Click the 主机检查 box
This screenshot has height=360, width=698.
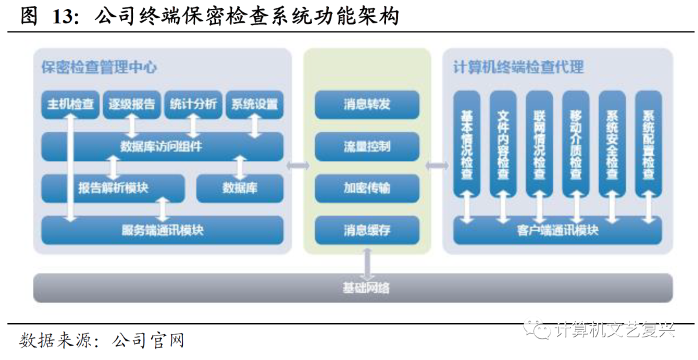pos(70,104)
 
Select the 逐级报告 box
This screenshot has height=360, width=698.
pos(132,104)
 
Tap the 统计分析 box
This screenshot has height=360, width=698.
pos(193,104)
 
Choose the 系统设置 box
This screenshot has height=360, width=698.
pos(254,104)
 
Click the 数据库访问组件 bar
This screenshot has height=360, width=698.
pos(162,146)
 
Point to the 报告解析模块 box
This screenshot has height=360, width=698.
pos(113,188)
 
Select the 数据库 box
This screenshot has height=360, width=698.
pos(239,188)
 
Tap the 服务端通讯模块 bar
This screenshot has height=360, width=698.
pos(162,230)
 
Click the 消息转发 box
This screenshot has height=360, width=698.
pos(367,104)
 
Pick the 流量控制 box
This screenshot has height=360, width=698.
pos(367,146)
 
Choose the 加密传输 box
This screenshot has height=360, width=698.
pos(367,188)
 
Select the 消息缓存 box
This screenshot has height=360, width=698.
pos(367,230)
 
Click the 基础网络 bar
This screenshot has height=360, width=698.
pos(353,288)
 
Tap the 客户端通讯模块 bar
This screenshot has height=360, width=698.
pos(558,230)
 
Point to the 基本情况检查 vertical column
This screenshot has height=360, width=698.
pos(467,143)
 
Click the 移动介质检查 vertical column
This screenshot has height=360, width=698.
pos(576,143)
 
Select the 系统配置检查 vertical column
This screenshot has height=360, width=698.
pos(648,143)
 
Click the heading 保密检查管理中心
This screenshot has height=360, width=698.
pos(98,67)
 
